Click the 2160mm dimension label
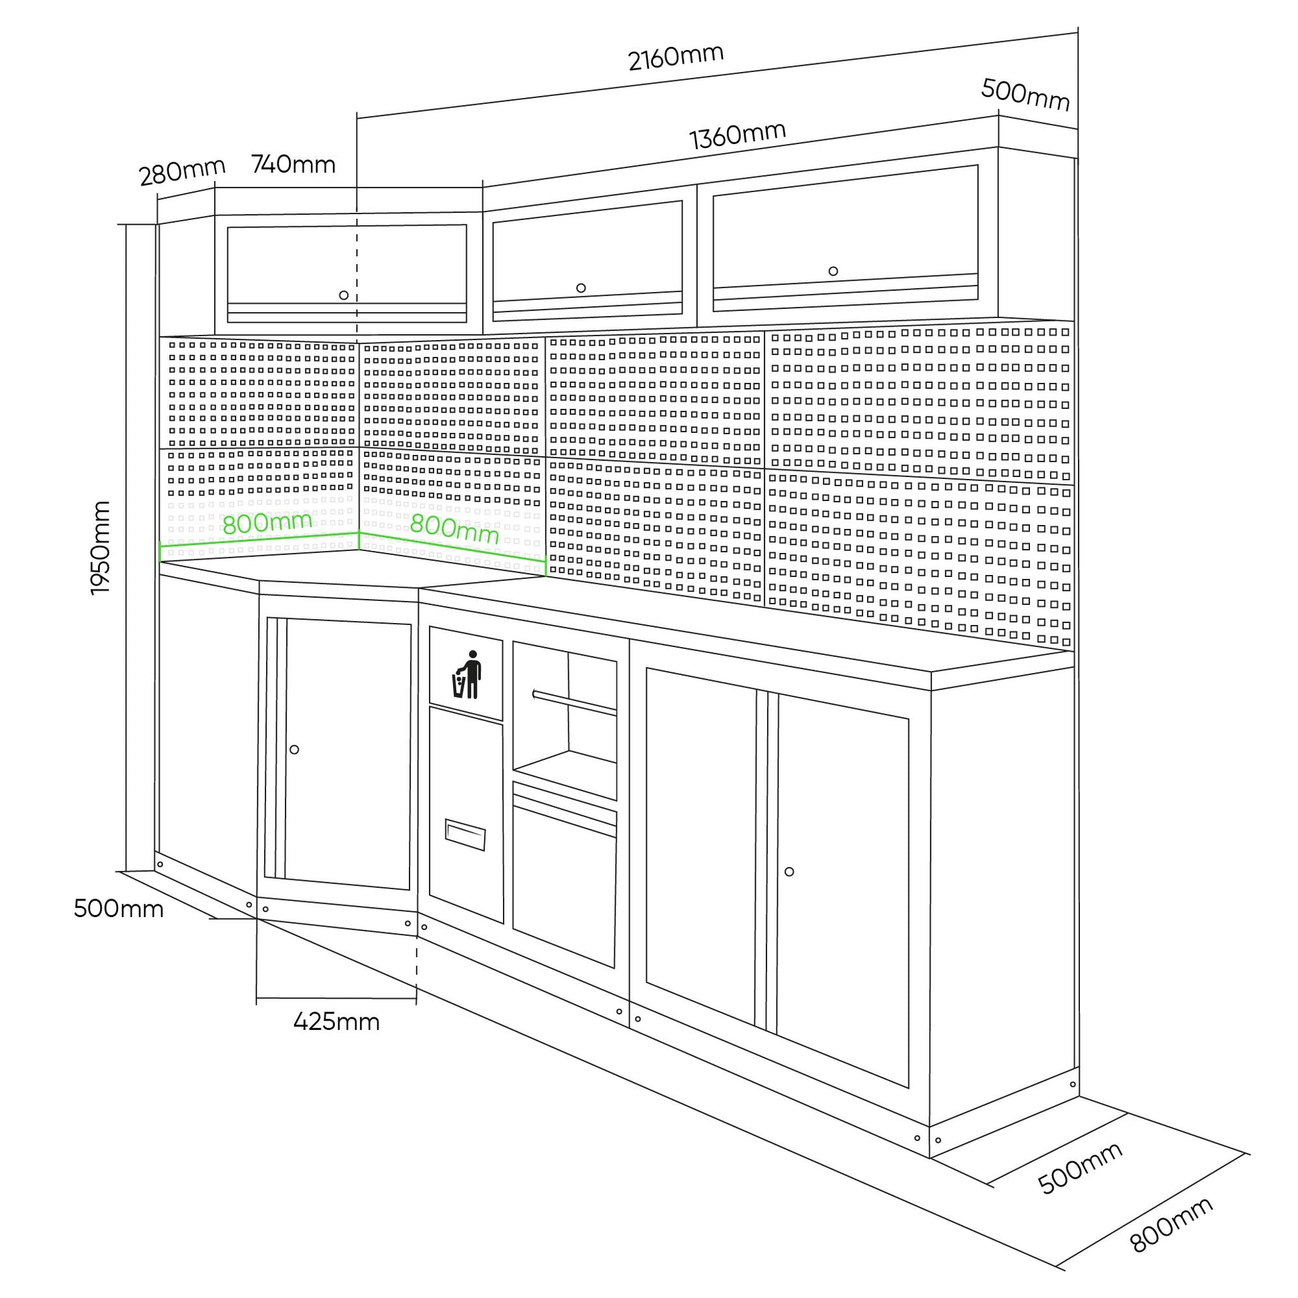tap(676, 57)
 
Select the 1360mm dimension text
tap(738, 135)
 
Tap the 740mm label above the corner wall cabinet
tap(293, 164)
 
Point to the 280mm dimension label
tap(182, 172)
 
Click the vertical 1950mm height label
tap(100, 548)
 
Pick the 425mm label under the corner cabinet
tap(337, 1022)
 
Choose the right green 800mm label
tap(454, 529)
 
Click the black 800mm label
tap(1172, 1225)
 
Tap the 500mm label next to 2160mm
tap(1025, 95)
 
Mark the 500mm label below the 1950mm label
tap(118, 908)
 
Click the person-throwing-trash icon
tap(468, 674)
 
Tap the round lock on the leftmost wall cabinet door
tap(344, 295)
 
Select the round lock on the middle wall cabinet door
tap(581, 288)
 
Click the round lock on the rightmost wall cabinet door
tap(833, 271)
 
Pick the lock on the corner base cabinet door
tap(294, 749)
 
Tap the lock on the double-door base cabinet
tap(790, 871)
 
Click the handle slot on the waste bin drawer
tap(465, 835)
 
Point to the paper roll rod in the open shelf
tap(574, 702)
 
